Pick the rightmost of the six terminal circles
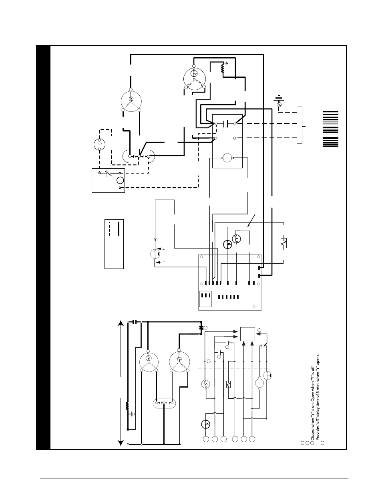pos(252,439)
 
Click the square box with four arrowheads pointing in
pos(247,335)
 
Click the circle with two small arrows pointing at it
pos(155,253)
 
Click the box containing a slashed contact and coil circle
pos(108,180)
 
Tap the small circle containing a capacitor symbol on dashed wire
pos(99,144)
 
